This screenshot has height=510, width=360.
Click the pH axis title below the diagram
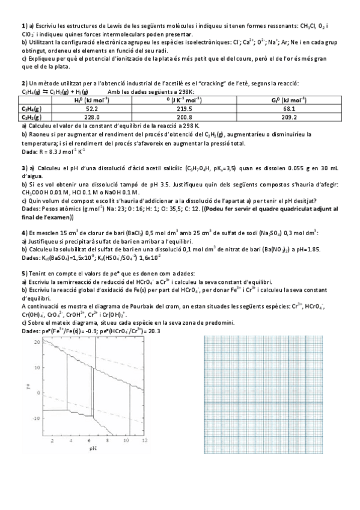point(93,448)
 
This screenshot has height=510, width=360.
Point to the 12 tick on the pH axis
point(143,441)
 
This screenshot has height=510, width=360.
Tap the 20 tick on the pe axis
point(37,342)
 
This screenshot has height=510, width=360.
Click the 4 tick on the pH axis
point(70,441)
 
